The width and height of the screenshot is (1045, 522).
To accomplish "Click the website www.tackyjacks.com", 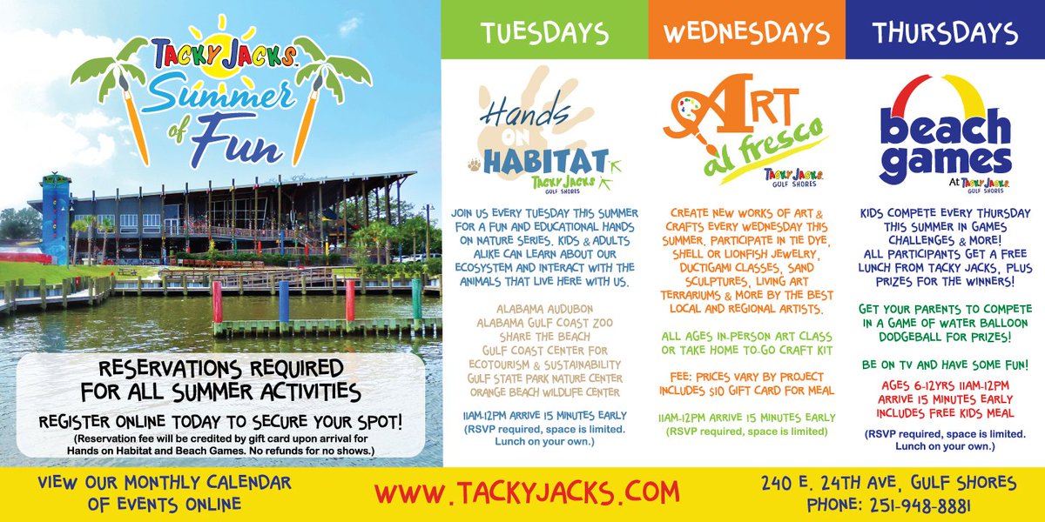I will (526, 492).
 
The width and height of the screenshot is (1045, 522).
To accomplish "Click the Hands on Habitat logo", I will (544, 139).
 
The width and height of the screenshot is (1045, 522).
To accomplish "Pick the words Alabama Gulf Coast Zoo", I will (544, 323).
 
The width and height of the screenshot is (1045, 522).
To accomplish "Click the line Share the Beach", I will (544, 337).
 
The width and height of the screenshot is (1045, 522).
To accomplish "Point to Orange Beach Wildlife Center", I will (544, 392).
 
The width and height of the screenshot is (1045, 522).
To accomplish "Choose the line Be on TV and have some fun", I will (945, 365).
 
